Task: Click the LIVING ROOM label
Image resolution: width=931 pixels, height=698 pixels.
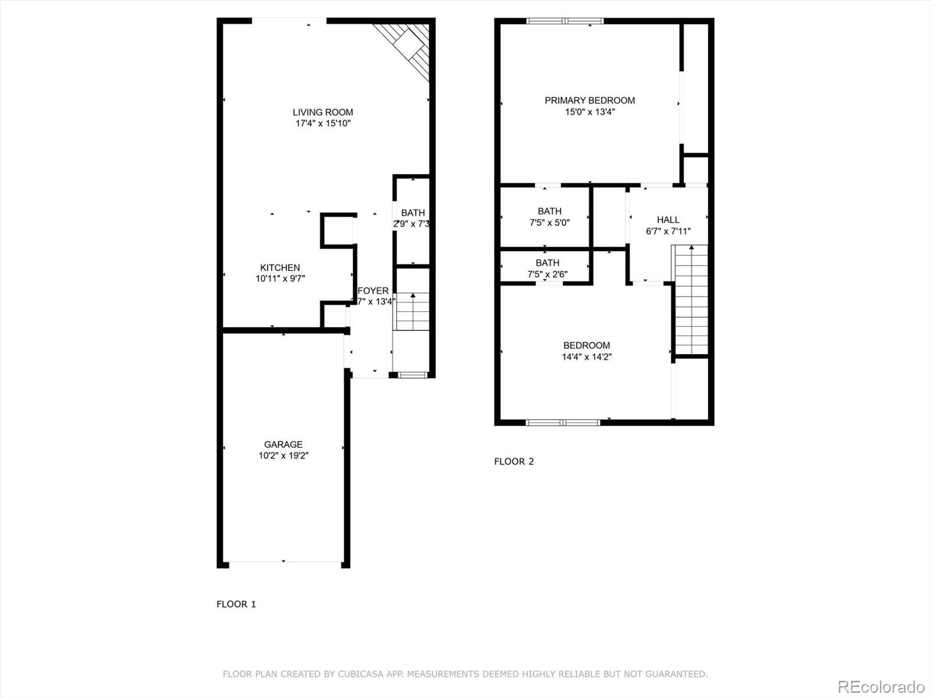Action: coord(322,112)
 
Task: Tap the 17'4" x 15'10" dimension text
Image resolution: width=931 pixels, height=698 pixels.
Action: coord(322,123)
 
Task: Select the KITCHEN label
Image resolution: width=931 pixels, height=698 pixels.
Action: coord(280,268)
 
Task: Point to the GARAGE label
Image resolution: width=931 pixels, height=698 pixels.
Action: coord(283,444)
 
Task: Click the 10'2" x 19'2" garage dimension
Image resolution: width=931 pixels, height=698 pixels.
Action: coord(283,455)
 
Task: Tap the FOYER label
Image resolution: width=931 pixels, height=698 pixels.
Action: coord(373,291)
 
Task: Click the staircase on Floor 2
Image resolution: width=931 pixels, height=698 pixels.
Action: coord(691,300)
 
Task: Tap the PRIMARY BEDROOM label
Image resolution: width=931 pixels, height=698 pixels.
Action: coord(589,101)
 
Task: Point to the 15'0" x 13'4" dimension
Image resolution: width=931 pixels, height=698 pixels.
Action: coord(589,112)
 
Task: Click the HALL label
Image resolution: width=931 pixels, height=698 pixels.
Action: coord(668,220)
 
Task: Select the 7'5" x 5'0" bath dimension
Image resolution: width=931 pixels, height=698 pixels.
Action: coord(549,222)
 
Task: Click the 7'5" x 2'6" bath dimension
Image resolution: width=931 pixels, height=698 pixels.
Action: coord(548,274)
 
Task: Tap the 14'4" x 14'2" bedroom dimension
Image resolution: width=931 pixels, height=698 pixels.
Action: coord(586,357)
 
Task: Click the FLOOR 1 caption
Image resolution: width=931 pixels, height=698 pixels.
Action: coord(236,604)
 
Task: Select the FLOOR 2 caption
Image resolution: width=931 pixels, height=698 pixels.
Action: coord(514,461)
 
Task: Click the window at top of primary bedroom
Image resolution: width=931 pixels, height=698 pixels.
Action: coord(565,22)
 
